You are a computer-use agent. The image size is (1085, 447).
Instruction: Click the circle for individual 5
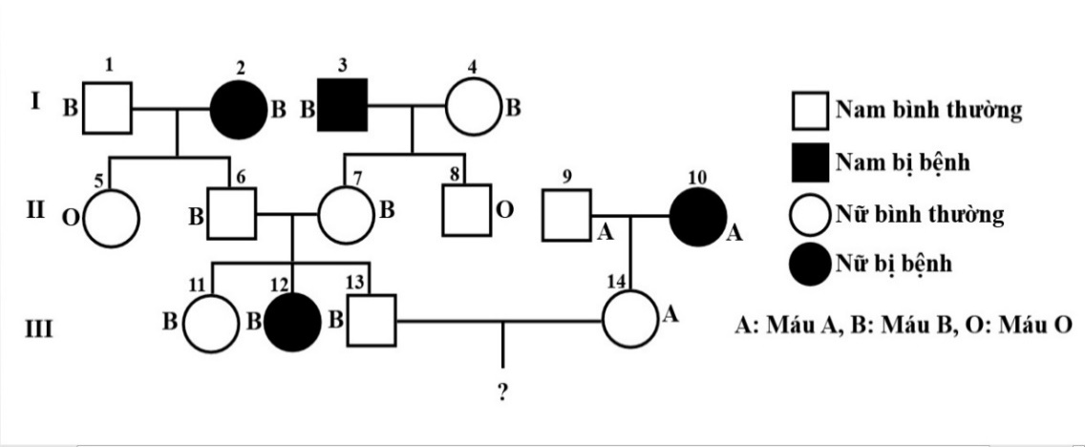point(112,216)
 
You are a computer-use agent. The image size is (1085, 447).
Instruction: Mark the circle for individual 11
point(210,321)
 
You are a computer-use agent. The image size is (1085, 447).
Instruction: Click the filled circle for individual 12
point(292,321)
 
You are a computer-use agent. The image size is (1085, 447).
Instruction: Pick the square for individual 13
point(370,321)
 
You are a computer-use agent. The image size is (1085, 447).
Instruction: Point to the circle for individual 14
point(629,321)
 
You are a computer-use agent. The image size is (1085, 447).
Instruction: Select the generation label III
point(39,330)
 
